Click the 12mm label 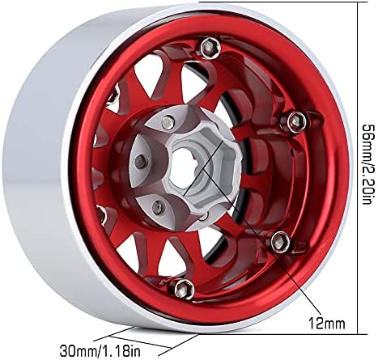pyautogui.click(x=327, y=323)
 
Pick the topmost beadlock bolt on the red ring pyautogui.click(x=210, y=48)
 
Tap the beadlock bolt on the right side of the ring pyautogui.click(x=294, y=122)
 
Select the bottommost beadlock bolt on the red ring pyautogui.click(x=183, y=287)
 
